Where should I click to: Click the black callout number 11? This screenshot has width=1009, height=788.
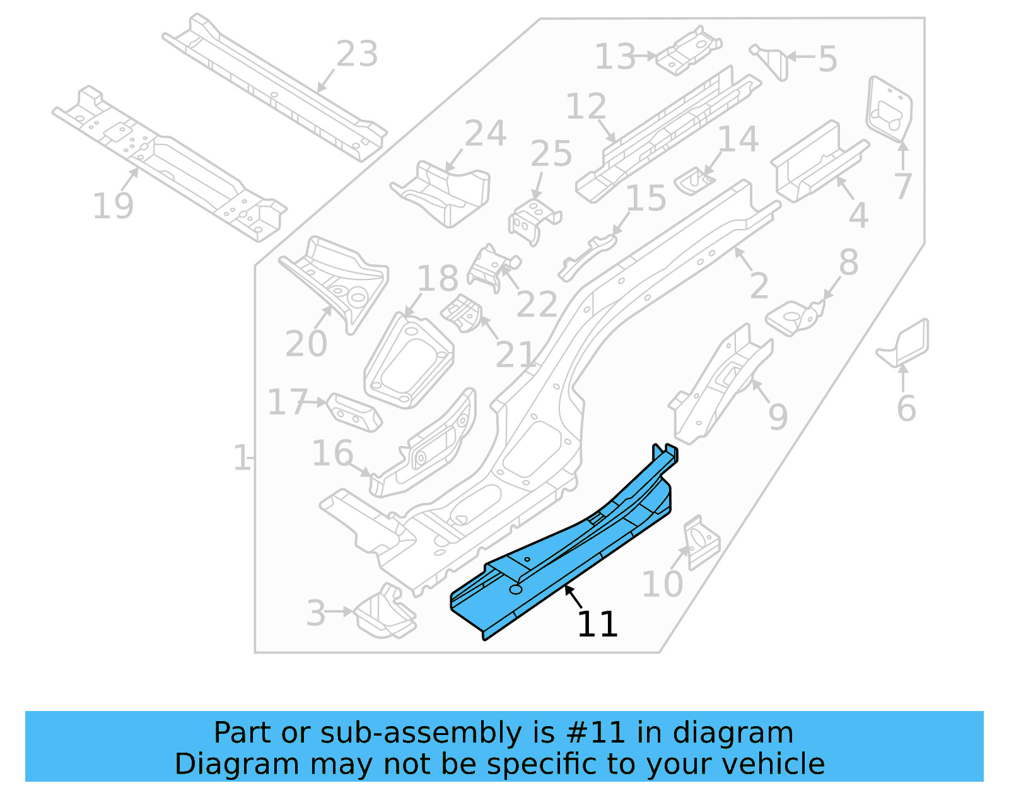597,625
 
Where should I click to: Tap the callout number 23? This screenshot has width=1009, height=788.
357,54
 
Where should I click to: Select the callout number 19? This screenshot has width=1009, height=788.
113,206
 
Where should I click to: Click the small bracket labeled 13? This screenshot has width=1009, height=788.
688,52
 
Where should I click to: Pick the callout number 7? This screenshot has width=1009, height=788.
902,186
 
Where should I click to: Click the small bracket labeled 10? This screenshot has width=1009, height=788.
701,543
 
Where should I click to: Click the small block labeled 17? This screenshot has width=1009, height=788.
354,413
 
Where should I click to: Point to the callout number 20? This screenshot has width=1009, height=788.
306,344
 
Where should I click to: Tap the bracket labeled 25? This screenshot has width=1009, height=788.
534,221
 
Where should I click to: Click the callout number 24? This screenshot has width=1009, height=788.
485,133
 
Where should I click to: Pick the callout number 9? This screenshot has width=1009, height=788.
778,416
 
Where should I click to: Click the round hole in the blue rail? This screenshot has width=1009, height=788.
516,589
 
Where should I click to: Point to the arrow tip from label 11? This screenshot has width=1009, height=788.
566,586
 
